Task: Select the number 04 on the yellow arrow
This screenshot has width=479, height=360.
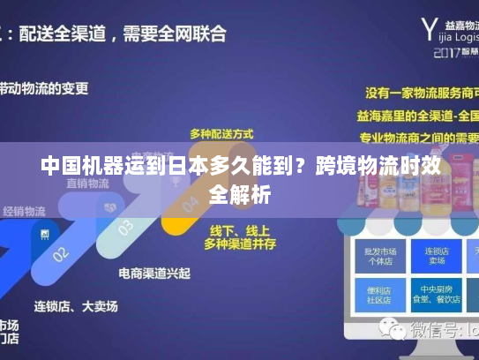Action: coord(190,205)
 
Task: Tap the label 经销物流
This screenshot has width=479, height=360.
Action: coord(24,212)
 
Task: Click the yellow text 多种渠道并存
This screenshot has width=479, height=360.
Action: coord(240,242)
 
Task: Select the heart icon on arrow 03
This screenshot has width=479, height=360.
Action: coord(110,207)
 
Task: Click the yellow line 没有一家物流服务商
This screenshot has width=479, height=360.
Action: coord(423,92)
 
